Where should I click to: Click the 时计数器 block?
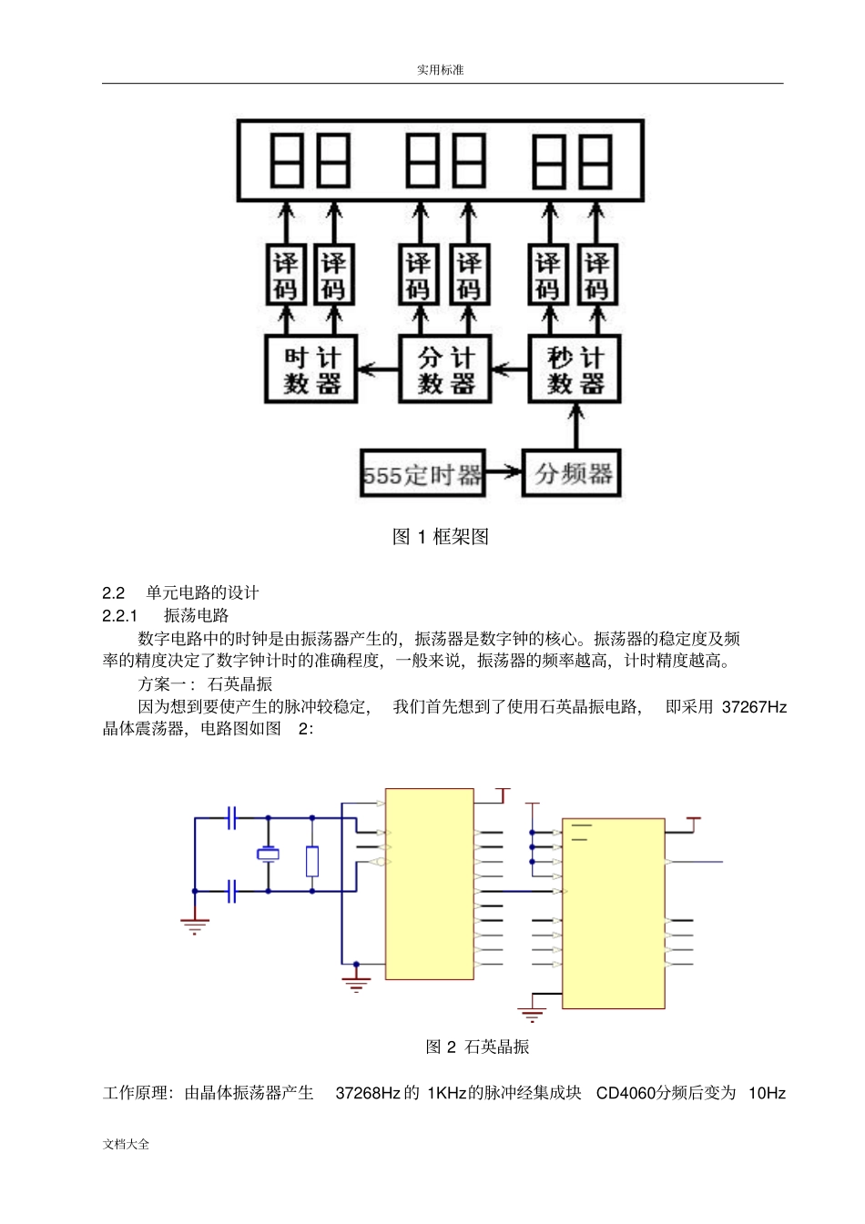pyautogui.click(x=310, y=369)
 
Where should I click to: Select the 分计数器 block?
pyautogui.click(x=444, y=369)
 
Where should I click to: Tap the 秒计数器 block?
pyautogui.click(x=575, y=369)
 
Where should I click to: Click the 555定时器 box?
pyautogui.click(x=422, y=473)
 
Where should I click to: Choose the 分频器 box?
pyautogui.click(x=572, y=473)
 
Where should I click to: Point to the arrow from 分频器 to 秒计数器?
pyautogui.click(x=575, y=426)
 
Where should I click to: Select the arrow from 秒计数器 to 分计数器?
pyautogui.click(x=510, y=369)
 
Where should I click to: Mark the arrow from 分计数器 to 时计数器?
pyautogui.click(x=378, y=369)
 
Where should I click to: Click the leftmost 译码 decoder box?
pyautogui.click(x=286, y=275)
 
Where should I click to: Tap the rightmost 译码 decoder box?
pyautogui.click(x=596, y=275)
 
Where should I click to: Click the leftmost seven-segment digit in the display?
pyautogui.click(x=287, y=160)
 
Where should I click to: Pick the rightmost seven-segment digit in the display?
pyautogui.click(x=595, y=161)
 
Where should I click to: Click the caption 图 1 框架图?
pyautogui.click(x=441, y=537)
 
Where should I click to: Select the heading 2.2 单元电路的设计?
pyautogui.click(x=180, y=592)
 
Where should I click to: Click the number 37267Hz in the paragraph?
pyautogui.click(x=754, y=707)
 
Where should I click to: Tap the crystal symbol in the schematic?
pyautogui.click(x=268, y=854)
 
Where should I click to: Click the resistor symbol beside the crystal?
pyautogui.click(x=312, y=861)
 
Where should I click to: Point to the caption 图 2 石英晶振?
pyautogui.click(x=477, y=1047)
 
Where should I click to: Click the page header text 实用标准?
pyautogui.click(x=441, y=70)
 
